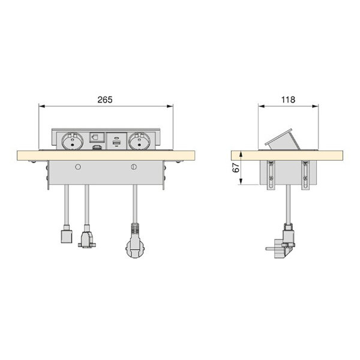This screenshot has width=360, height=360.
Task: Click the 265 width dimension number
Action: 105,100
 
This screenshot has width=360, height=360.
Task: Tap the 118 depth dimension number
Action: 288,100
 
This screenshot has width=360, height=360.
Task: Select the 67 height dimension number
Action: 236,168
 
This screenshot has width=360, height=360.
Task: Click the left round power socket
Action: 73,141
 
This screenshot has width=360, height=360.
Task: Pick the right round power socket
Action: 139,141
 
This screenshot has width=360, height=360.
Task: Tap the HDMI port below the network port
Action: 97,148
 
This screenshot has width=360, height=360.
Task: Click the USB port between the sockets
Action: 116,143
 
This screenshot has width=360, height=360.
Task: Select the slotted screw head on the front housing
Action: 134,167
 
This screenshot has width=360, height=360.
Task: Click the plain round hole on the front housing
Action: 78,167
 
